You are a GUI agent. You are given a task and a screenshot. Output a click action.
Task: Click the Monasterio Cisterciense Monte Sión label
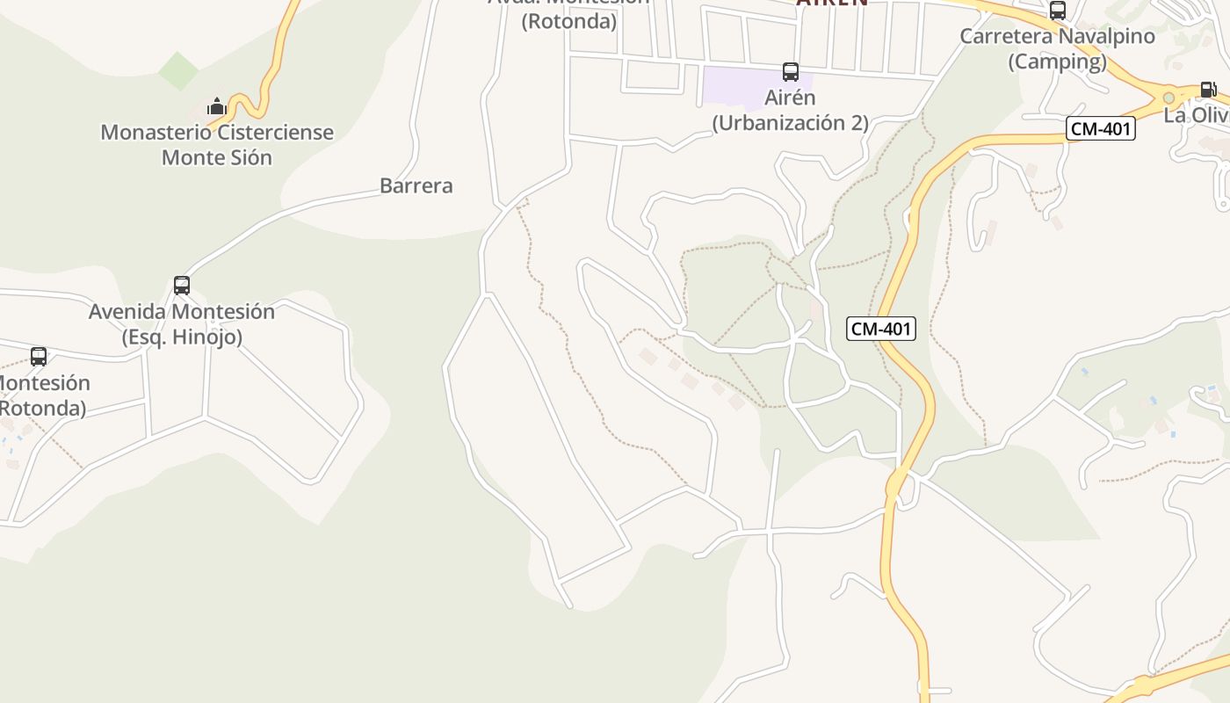[x=217, y=145]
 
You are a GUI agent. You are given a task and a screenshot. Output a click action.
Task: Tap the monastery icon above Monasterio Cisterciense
[x=216, y=107]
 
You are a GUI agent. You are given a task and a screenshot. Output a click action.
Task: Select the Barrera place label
[x=416, y=185]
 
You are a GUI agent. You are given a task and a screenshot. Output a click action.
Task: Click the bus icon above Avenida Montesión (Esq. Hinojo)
[x=182, y=286]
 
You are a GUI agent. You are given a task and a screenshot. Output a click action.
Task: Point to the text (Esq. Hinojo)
[x=182, y=337]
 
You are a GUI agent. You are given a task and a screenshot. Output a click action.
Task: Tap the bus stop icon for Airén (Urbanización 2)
[x=791, y=72]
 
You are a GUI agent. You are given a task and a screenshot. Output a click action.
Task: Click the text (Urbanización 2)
[x=790, y=123]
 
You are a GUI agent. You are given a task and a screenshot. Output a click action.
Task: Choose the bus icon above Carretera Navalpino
[x=1058, y=11]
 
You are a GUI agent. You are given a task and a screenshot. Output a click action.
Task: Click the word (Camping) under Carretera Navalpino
[x=1057, y=62]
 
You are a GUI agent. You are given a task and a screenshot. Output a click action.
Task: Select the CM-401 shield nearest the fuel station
[x=1102, y=129]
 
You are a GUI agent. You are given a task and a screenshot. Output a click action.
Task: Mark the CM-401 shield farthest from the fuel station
[x=881, y=330]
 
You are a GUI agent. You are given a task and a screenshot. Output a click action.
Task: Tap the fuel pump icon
[x=1209, y=90]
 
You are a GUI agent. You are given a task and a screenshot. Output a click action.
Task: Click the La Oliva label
[x=1197, y=115]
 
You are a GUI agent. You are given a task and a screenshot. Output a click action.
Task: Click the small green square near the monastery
[x=179, y=71]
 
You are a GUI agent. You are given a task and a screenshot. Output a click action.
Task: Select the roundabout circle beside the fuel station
[x=1168, y=98]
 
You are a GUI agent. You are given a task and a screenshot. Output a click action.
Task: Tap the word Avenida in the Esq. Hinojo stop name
[x=129, y=312]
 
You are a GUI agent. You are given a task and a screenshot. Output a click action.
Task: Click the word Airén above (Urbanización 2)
[x=791, y=98]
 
